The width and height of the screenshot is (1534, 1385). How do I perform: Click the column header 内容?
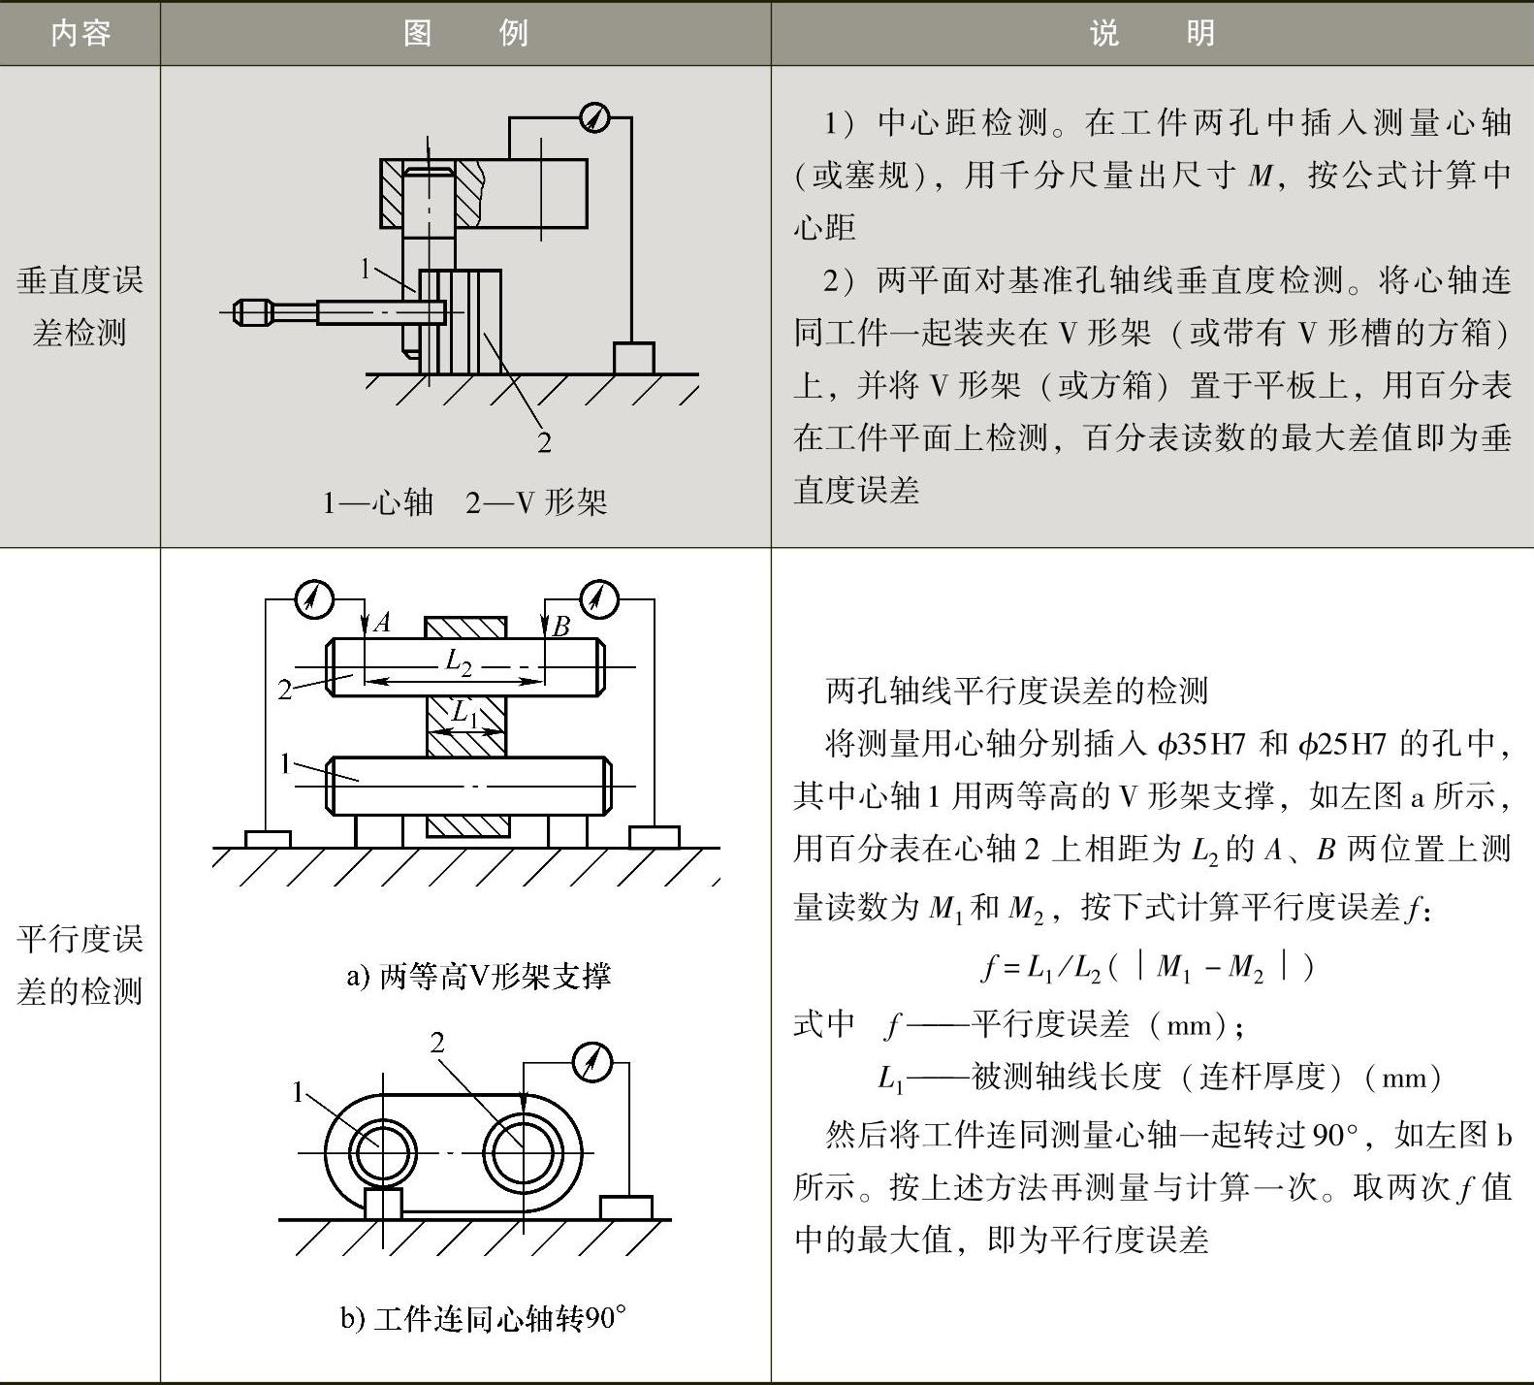(80, 34)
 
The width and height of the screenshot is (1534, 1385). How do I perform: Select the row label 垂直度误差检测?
(80, 306)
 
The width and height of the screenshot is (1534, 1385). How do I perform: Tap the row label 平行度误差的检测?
(80, 965)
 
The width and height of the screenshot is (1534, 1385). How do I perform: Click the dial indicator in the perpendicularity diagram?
(593, 118)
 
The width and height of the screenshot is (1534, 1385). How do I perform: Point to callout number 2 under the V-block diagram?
(544, 442)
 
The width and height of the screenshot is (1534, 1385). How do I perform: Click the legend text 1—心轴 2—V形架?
(464, 502)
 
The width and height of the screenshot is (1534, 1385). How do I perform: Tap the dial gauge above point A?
(313, 598)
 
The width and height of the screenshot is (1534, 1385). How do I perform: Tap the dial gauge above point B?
(598, 598)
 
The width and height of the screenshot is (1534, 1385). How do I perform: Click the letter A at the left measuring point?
(382, 623)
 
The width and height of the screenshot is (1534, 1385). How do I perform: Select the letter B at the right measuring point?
(560, 627)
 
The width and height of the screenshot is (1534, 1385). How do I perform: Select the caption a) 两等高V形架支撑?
(478, 976)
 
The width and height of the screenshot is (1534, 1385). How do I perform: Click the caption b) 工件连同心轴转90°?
(483, 1318)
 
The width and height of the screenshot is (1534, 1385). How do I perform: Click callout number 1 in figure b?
(299, 1093)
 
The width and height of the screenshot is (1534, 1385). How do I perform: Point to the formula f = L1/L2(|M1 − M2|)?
(1149, 966)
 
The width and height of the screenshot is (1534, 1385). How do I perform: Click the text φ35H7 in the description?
(1201, 744)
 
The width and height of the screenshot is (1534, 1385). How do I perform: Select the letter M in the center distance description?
(1260, 176)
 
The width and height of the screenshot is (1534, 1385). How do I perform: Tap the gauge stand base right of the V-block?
(633, 358)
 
